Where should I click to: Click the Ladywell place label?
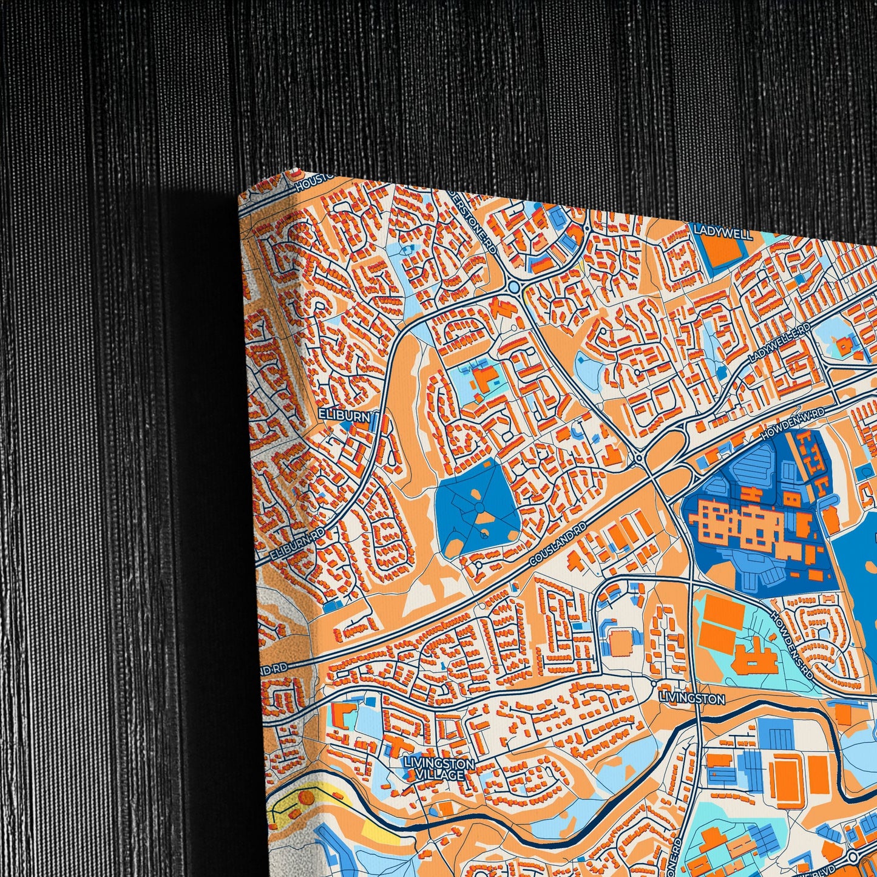point(723,234)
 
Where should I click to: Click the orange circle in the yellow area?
point(305,796)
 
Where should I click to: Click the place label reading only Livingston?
point(691,699)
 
